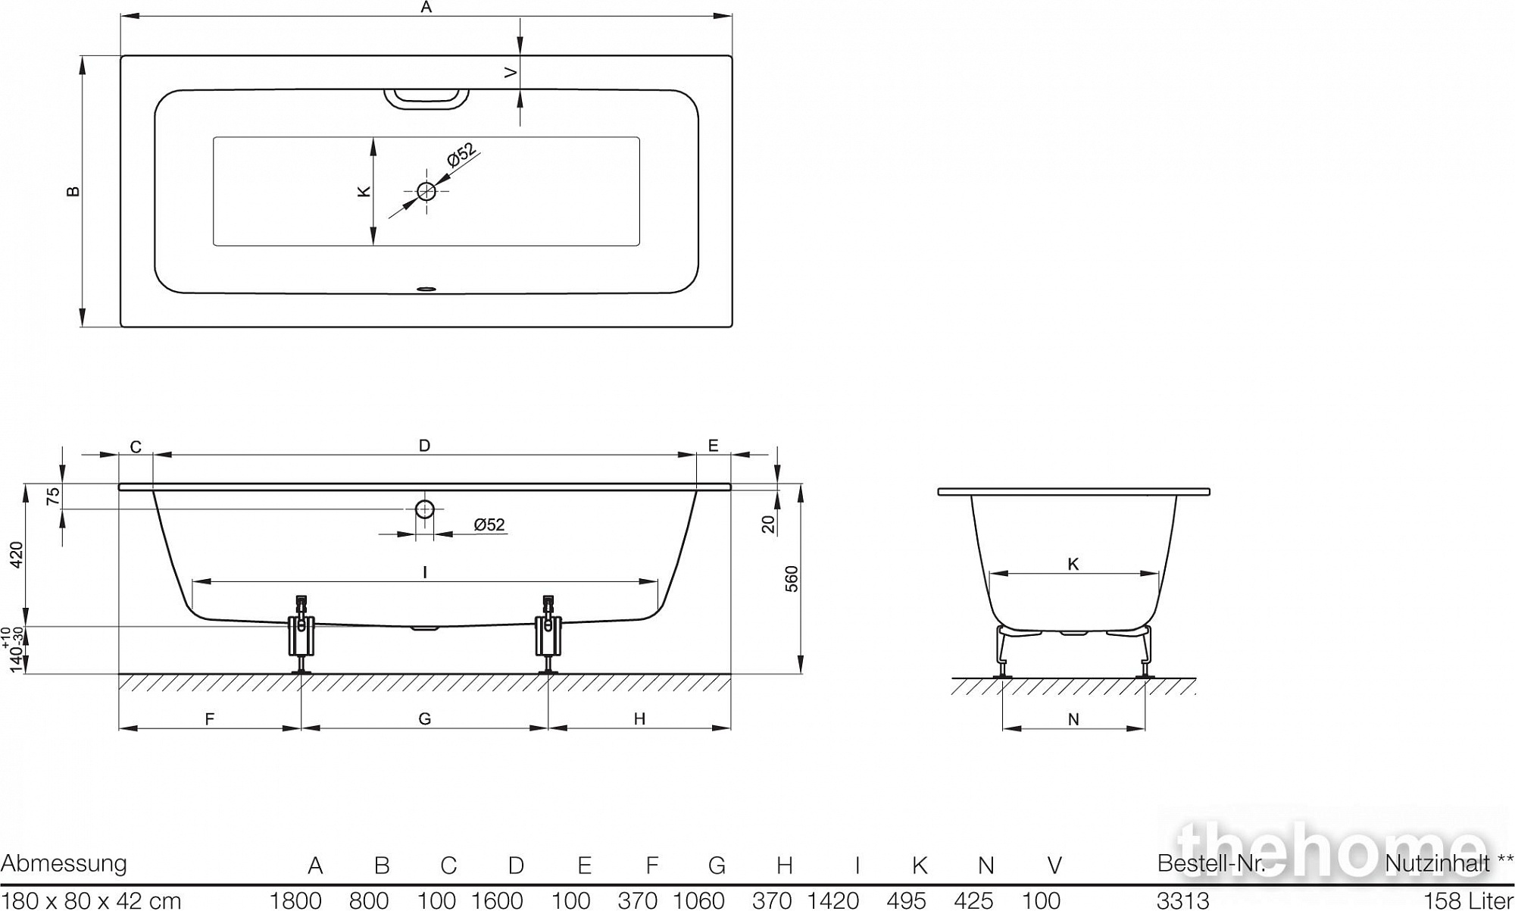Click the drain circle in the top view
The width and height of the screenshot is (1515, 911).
tap(426, 191)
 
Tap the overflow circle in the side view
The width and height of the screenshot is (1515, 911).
tap(424, 509)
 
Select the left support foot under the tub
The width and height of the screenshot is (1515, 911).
tap(301, 634)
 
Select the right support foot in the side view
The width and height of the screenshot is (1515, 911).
tap(548, 634)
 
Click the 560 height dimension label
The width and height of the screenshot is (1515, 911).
tap(792, 579)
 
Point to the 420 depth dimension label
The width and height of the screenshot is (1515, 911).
tap(17, 555)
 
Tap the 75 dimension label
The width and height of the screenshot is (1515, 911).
tap(53, 497)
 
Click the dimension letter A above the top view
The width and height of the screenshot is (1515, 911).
tap(426, 7)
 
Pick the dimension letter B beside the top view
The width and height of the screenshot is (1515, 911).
tap(73, 191)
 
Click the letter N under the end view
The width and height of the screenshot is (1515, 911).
tap(1073, 719)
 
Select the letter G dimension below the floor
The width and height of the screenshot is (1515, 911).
tap(425, 718)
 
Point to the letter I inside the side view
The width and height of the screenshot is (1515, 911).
tap(425, 572)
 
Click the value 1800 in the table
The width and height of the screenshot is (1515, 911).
tap(296, 900)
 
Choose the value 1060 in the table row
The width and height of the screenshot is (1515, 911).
tap(699, 900)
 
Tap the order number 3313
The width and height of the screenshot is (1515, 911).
tap(1183, 900)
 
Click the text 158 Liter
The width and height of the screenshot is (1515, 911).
tap(1469, 900)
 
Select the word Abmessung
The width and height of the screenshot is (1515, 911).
tap(64, 864)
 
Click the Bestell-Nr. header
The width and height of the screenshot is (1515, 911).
tap(1212, 864)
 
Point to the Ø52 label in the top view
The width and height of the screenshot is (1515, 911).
tap(462, 154)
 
